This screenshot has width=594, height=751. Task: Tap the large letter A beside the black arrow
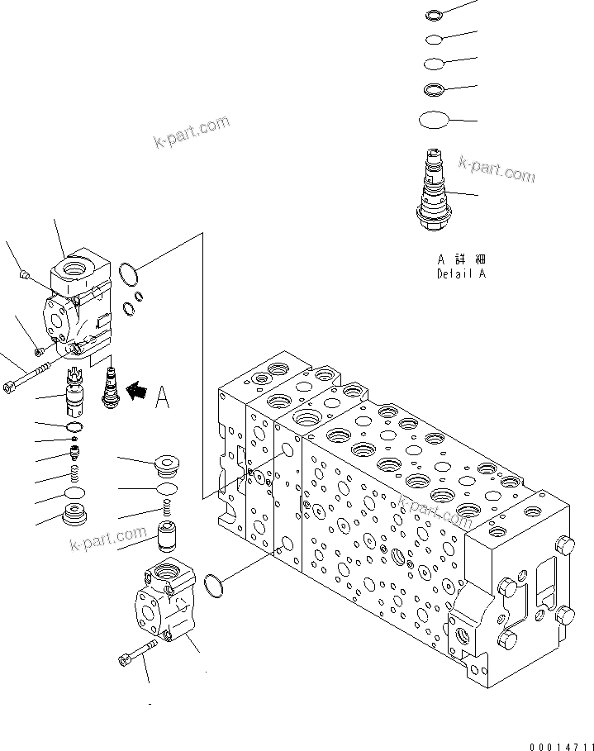coord(163,398)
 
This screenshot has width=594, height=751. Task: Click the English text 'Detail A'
coord(460,273)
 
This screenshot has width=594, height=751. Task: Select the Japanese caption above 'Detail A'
coord(460,259)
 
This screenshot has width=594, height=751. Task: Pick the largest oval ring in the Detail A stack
coord(434,121)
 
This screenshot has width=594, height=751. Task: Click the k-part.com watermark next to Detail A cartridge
coord(497,170)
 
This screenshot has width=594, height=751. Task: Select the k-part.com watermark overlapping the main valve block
coord(434,511)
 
